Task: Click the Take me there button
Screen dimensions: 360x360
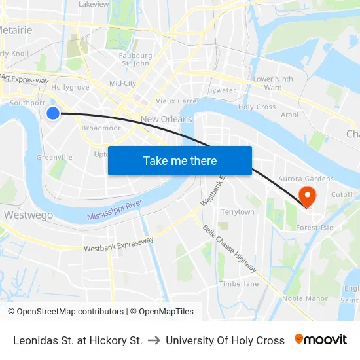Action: point(180,160)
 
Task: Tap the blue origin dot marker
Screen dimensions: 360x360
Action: point(53,113)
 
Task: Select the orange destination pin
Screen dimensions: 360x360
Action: point(306,195)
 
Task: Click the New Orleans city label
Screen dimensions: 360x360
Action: point(166,119)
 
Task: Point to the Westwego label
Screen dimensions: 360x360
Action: point(28,215)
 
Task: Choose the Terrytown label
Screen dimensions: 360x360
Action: point(238,212)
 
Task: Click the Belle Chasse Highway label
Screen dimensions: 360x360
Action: point(230,249)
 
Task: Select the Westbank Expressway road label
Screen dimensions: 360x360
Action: point(119,244)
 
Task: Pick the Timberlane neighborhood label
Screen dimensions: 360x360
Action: point(239,283)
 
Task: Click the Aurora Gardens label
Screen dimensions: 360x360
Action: point(306,179)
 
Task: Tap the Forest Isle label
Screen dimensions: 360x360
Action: point(315,228)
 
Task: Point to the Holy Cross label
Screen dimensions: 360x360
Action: point(257,107)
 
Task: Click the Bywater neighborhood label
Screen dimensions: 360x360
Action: point(222,90)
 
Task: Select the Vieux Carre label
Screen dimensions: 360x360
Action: point(176,101)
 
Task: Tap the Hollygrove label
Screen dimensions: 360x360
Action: point(70,87)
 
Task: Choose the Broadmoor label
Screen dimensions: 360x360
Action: point(101,128)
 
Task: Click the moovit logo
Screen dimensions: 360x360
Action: point(321,340)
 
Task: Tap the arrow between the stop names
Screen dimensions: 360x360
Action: point(154,340)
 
